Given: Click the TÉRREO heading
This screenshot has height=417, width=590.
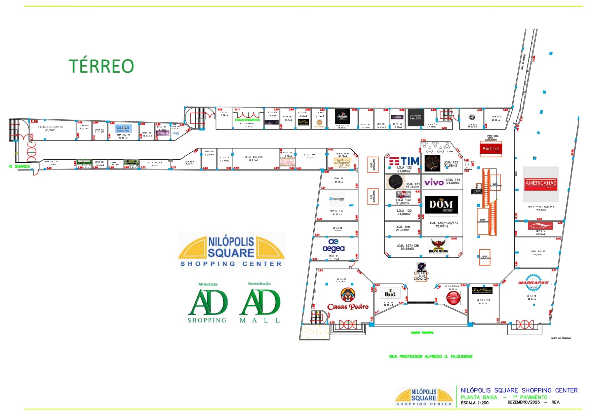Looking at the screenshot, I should click(x=101, y=66).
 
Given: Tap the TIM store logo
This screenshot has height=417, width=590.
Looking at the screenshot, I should click(x=404, y=161).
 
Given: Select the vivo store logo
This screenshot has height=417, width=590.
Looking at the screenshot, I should click(x=434, y=182).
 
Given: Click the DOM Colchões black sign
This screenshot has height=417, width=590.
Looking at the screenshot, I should click(x=441, y=205).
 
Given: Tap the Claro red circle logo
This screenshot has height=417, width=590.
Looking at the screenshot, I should click(x=453, y=298).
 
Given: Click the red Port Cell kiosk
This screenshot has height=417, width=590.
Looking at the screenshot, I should click(x=491, y=149).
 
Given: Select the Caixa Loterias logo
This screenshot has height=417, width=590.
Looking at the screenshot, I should click(x=123, y=128).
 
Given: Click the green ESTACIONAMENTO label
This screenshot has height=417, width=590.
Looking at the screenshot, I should click(x=247, y=120).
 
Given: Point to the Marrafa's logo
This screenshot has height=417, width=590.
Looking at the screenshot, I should click(x=533, y=282).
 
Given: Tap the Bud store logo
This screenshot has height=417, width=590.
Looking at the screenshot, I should click(x=390, y=294).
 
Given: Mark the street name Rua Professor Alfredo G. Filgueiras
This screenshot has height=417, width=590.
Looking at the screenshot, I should click(x=430, y=356).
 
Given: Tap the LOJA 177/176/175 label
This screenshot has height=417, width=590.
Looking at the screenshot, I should click(x=50, y=127).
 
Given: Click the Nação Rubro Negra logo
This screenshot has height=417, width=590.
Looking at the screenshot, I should click(x=438, y=246).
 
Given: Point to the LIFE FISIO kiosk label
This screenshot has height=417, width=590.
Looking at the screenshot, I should click(x=422, y=273).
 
